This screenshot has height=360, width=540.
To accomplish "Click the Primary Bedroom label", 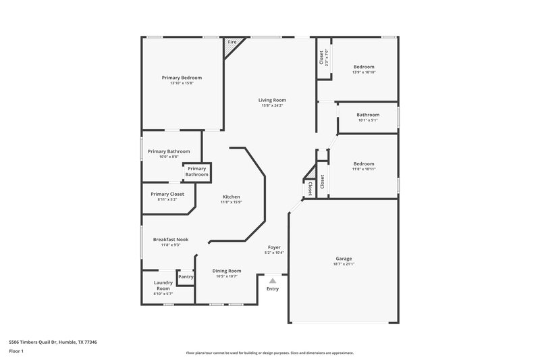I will click(182, 78).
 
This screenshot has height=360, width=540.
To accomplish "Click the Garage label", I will click(344, 259).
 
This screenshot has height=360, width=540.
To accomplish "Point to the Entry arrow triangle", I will click(272, 280).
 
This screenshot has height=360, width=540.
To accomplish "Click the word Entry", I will click(272, 288).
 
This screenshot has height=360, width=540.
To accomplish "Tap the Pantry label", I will click(186, 276).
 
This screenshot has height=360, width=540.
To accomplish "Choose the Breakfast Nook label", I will click(170, 239).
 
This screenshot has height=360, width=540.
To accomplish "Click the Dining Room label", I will click(227, 270).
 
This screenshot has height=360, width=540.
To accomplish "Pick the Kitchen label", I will click(232, 197).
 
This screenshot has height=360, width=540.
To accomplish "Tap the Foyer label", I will click(274, 247).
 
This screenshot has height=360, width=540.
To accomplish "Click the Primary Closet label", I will click(167, 194).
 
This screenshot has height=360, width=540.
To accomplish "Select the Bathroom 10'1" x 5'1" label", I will click(368, 115).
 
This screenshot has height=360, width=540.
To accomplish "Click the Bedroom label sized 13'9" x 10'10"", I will click(364, 67).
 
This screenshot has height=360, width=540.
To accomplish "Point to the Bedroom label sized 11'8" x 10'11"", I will click(364, 163).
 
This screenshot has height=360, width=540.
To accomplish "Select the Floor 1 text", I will click(16, 351).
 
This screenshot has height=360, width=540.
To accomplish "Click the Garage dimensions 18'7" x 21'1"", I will click(344, 265).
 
